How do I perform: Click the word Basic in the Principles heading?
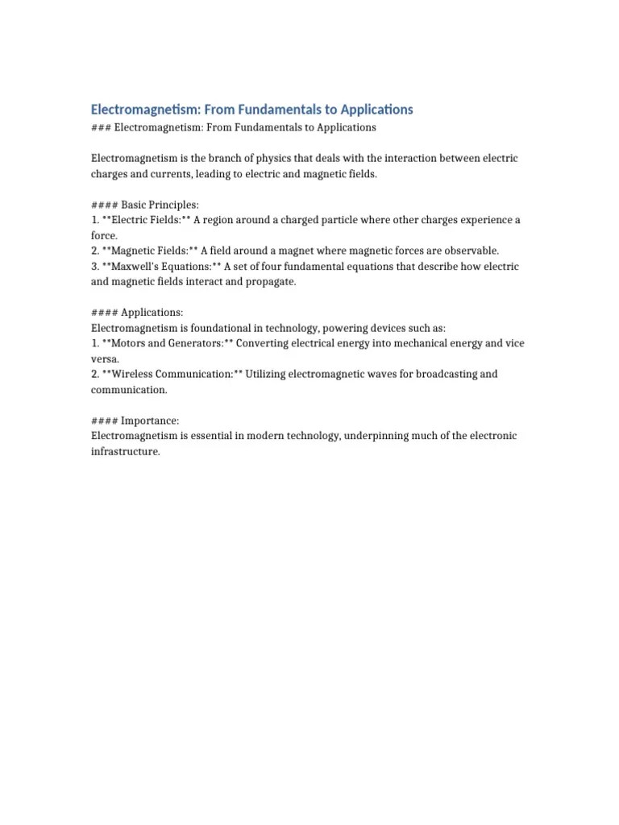pos(136,205)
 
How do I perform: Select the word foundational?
pos(206,328)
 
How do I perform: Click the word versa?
pos(104,359)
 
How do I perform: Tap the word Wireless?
pos(135,374)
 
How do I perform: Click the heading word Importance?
pos(150,421)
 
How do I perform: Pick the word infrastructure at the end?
pos(125,451)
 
